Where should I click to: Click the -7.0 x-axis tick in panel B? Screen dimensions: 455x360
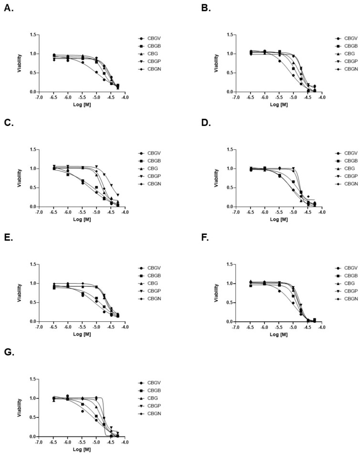click(x=235, y=97)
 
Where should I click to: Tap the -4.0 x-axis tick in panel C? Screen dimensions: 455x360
click(x=125, y=212)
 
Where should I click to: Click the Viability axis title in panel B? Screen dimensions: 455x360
click(x=217, y=63)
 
